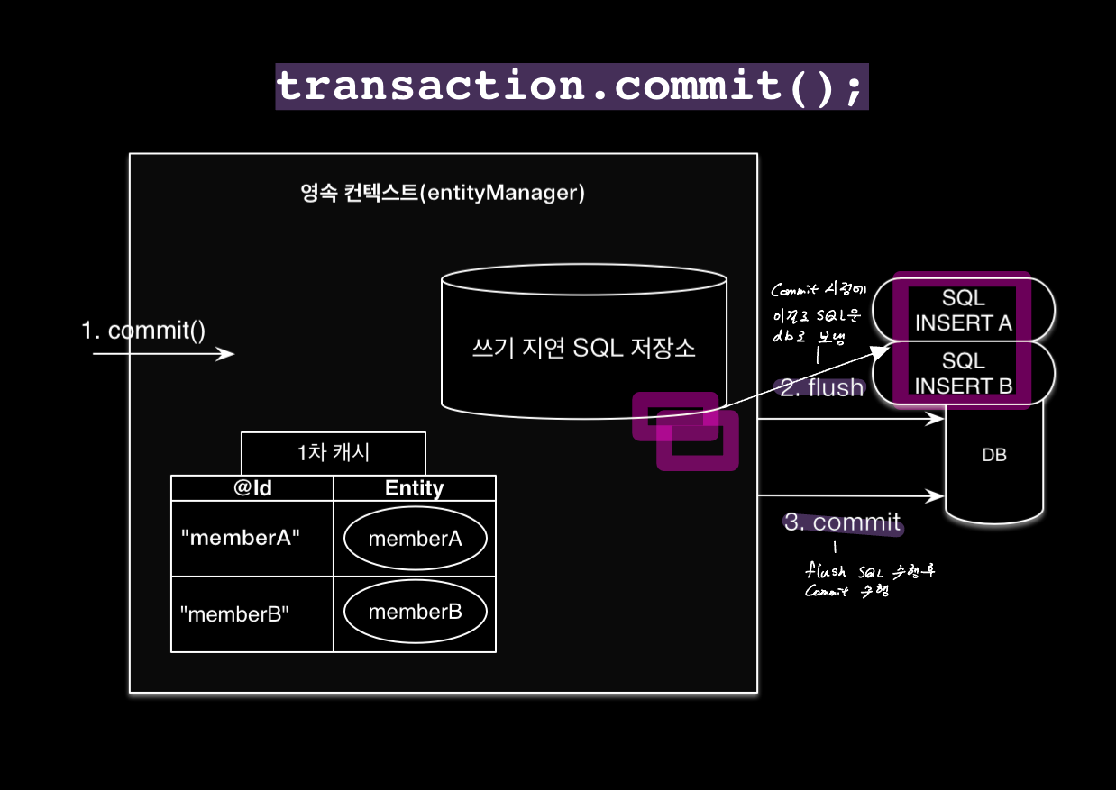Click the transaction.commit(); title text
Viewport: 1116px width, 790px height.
[572, 86]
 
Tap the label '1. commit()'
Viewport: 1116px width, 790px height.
[143, 331]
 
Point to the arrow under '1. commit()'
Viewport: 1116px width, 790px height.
[163, 354]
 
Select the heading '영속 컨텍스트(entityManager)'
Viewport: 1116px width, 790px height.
[443, 193]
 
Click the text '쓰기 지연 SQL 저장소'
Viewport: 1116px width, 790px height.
[583, 348]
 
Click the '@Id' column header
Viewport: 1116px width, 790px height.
[252, 488]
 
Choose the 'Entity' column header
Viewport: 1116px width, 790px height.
[414, 488]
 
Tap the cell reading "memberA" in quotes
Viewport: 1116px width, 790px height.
[240, 538]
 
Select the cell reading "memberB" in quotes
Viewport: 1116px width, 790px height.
[234, 614]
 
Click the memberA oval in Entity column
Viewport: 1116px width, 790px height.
[415, 539]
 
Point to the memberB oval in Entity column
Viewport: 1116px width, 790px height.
[415, 613]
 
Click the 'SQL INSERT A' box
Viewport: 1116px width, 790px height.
[963, 310]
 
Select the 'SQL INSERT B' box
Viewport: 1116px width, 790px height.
[963, 373]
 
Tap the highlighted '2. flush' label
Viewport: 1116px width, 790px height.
[821, 388]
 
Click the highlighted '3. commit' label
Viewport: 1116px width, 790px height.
[842, 522]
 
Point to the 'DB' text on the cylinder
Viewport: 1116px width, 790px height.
[993, 456]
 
